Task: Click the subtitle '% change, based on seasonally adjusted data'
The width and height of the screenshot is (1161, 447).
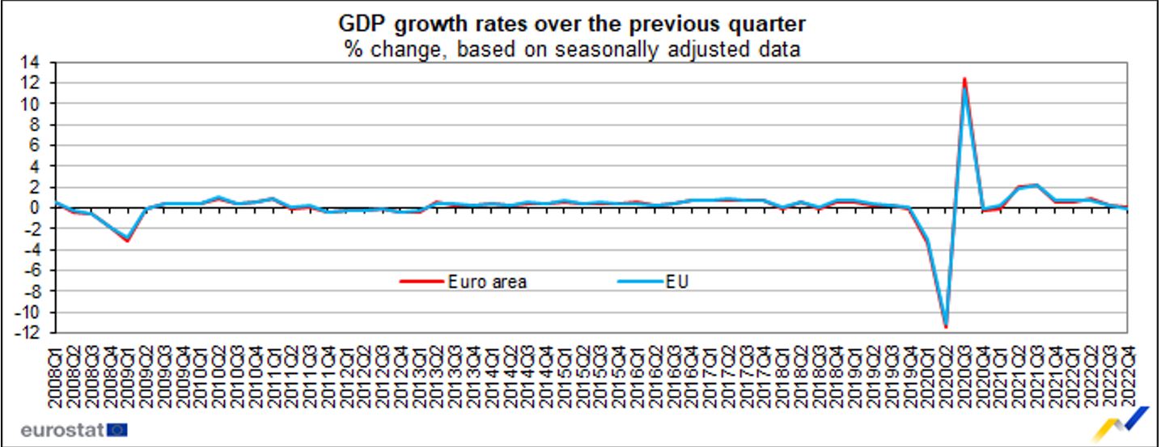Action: (x=573, y=49)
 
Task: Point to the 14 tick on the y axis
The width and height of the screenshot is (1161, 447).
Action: (x=38, y=62)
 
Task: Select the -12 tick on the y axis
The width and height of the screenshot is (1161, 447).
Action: (x=35, y=333)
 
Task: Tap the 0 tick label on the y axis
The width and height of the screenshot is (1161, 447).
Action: (x=41, y=207)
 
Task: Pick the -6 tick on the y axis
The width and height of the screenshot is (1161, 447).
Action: (x=38, y=270)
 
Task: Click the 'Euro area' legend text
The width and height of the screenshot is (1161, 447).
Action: (x=486, y=282)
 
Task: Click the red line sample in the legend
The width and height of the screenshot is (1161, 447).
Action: (x=421, y=282)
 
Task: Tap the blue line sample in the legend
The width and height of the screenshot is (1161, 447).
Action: (x=641, y=282)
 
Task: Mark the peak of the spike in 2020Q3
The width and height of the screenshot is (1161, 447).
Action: (x=964, y=79)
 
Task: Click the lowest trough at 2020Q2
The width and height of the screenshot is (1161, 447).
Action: (x=946, y=326)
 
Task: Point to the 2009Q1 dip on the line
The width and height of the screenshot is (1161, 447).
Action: (x=127, y=240)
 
